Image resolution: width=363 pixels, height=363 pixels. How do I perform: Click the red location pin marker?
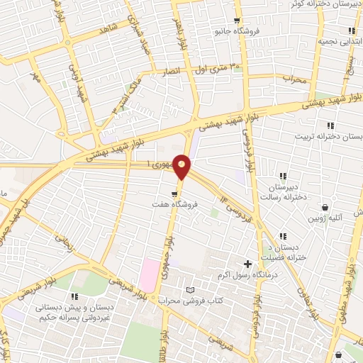182,166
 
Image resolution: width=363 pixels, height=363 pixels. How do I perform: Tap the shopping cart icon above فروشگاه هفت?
174,192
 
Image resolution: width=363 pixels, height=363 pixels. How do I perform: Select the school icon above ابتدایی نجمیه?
351,30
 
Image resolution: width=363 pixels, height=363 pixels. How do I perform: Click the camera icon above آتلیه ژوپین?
325,208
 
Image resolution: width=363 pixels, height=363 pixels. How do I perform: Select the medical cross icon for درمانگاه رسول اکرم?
247,264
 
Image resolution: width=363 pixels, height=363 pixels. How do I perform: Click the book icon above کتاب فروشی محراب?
189,289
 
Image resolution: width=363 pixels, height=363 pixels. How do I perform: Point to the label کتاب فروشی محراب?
190,301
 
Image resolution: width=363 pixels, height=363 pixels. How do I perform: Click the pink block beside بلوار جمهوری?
150,274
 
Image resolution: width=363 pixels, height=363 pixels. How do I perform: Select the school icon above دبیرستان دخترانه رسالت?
282,176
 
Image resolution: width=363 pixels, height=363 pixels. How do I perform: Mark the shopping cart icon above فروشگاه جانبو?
237,21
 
